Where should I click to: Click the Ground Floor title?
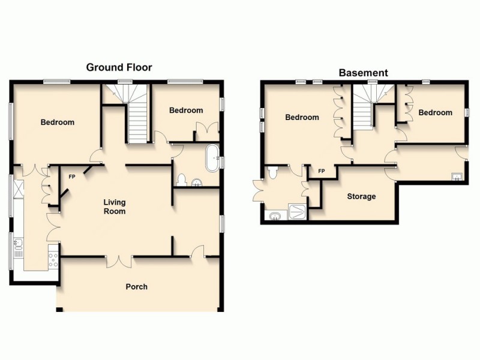(x=119, y=67)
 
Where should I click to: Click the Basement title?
(x=363, y=73)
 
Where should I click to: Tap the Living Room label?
(x=114, y=207)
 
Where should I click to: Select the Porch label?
(x=136, y=286)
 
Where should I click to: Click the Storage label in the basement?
(x=361, y=196)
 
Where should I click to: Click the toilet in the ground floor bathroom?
(x=183, y=179)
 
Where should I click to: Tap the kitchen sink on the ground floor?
(x=18, y=244)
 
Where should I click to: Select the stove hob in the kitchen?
(x=53, y=260)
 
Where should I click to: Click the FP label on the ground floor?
(x=72, y=177)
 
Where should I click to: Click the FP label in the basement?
(x=321, y=171)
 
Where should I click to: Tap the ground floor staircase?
(x=137, y=120)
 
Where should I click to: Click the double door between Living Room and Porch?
(x=119, y=260)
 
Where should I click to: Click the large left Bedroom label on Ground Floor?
(x=58, y=122)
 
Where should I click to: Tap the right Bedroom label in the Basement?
(x=435, y=112)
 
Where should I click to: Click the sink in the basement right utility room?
(x=457, y=177)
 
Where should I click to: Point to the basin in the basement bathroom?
(x=275, y=215)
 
